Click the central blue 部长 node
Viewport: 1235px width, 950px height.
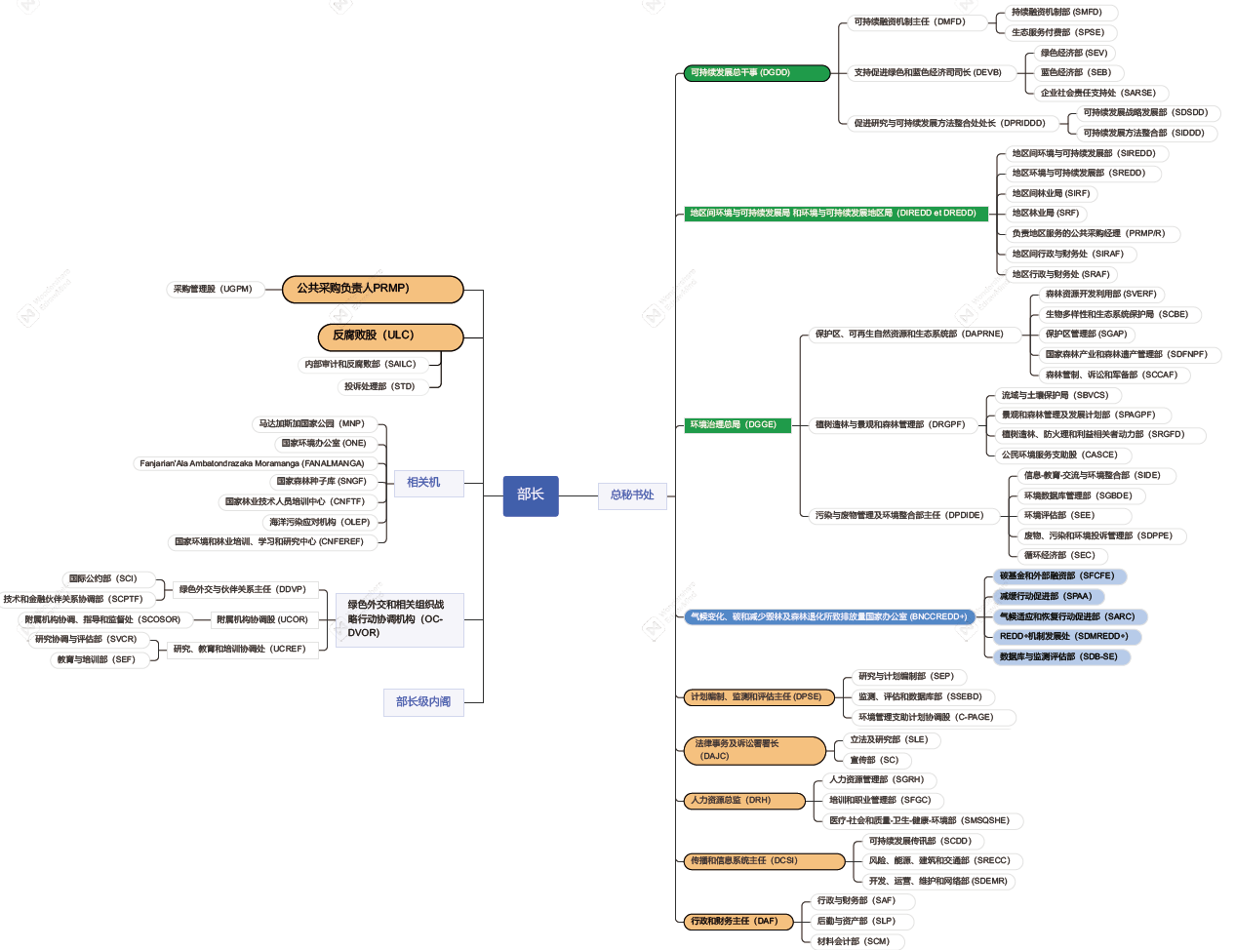[531, 495]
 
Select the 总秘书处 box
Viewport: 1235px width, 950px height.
[631, 495]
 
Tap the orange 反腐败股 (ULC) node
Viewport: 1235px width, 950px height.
[390, 336]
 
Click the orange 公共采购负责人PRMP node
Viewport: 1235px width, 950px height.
[373, 289]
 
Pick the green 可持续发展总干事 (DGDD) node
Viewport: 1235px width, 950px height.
[756, 72]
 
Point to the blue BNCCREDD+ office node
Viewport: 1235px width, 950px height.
[829, 616]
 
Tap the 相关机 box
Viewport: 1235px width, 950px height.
[423, 483]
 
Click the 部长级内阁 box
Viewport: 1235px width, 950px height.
[423, 702]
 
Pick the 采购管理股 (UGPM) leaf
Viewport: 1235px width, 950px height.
[213, 289]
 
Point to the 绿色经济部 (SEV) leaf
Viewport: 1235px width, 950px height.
[1073, 53]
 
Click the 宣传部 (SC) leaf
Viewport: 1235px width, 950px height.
[874, 760]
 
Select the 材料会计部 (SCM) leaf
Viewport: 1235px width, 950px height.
[853, 941]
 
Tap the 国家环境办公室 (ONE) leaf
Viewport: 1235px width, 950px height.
[324, 443]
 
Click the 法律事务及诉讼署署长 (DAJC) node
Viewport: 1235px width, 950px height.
[755, 750]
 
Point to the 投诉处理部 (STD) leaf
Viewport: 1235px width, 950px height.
[379, 386]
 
